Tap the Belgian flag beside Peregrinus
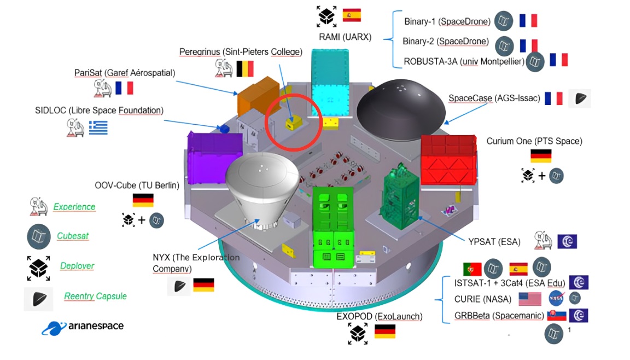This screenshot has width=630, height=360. click(x=244, y=68)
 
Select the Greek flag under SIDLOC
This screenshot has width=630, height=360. click(x=98, y=127)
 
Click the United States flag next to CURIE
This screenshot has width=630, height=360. click(x=530, y=299)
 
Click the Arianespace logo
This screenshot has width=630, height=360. click(x=83, y=328)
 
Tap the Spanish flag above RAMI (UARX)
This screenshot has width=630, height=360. click(x=352, y=15)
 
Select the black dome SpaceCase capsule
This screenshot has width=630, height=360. click(x=402, y=108)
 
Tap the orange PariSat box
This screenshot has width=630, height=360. click(x=258, y=95)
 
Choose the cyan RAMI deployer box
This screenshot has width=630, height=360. click(x=330, y=82)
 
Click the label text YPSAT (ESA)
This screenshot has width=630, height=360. click(x=494, y=241)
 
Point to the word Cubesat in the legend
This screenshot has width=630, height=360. click(x=73, y=236)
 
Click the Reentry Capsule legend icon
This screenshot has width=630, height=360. click(x=38, y=299)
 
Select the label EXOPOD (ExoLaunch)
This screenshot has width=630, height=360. click(x=380, y=317)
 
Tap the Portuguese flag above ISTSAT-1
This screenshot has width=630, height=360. click(x=472, y=269)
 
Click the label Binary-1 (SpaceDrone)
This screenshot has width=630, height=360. click(x=446, y=22)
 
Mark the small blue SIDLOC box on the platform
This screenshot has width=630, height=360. click(x=223, y=129)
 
